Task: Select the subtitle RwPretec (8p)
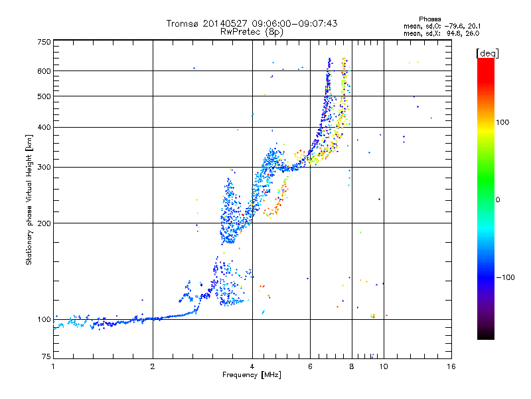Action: pos(252,32)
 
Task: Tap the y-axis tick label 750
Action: pos(44,42)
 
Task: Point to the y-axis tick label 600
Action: pos(44,71)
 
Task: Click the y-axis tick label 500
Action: pos(44,96)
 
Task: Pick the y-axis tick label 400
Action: pos(44,128)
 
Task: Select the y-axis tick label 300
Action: pos(44,168)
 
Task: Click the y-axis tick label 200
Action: pos(44,223)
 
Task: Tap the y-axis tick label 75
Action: pos(46,356)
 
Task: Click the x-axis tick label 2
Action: pos(153,366)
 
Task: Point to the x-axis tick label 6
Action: pos(310,366)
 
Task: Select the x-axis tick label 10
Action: pos(384,366)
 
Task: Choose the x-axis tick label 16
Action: pos(451,366)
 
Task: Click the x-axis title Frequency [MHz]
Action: pos(252,375)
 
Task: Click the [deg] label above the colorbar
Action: pos(487,53)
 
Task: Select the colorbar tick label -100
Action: pos(505,277)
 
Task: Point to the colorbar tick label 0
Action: pos(498,200)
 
